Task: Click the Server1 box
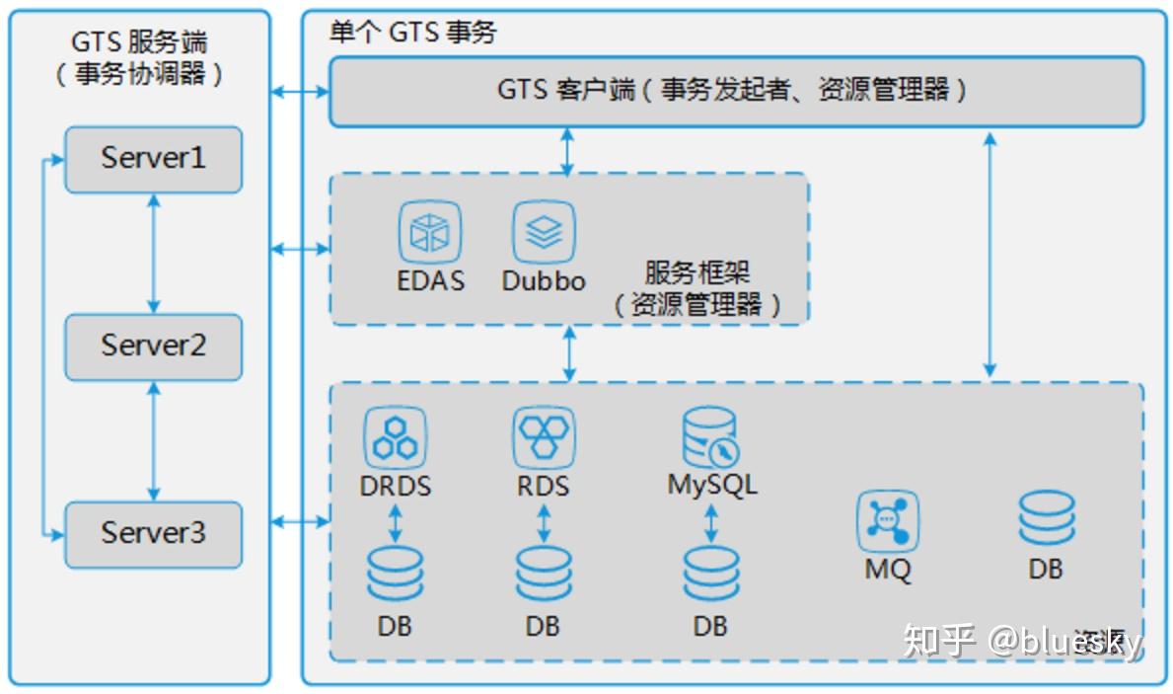(153, 159)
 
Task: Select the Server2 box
(153, 347)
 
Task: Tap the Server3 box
(153, 534)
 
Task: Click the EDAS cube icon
(430, 232)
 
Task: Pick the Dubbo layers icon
(544, 232)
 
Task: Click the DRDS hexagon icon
(395, 438)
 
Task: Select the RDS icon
(544, 438)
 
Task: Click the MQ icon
(888, 521)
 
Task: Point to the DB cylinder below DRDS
(395, 575)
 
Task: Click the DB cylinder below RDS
(544, 575)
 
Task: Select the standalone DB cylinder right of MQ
(1047, 520)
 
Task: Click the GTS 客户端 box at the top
(736, 91)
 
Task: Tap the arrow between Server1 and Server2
(153, 253)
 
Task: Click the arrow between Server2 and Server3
(153, 440)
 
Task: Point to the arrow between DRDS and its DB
(396, 522)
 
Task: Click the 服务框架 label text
(697, 272)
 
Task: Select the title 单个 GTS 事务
(412, 33)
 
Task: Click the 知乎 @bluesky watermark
(1022, 641)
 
